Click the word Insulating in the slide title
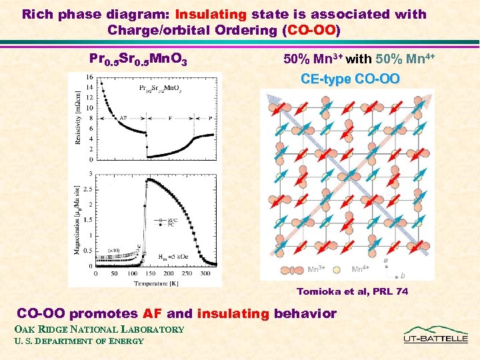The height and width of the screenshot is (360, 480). pos(211,14)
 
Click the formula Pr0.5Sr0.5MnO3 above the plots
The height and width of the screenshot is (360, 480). pos(138,60)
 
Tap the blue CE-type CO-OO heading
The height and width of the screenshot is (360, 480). pos(350,79)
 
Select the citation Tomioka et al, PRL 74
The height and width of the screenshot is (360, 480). pos(352,291)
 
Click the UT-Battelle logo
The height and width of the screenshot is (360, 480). pos(436,335)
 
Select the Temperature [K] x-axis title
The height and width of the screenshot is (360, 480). pos(155,282)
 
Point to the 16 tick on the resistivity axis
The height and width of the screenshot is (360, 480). pos(89,77)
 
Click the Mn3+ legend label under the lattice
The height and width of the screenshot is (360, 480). pos(317,269)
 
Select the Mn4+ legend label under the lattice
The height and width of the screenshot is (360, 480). pos(361,269)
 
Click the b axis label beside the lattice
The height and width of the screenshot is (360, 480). pos(402,275)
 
